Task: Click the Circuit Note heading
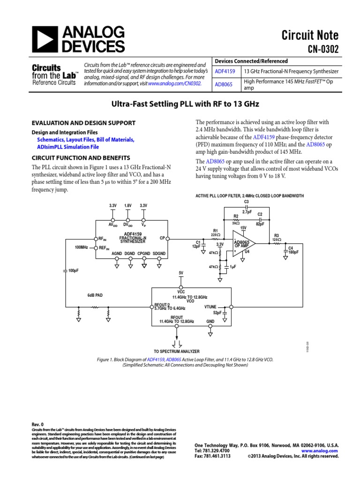pos(310,35)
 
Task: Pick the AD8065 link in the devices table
pos(224,84)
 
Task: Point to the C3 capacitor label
pos(247,202)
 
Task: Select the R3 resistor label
pos(277,235)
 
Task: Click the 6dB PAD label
pos(95,295)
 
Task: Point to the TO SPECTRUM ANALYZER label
pos(177,351)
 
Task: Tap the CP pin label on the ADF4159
pos(162,238)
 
